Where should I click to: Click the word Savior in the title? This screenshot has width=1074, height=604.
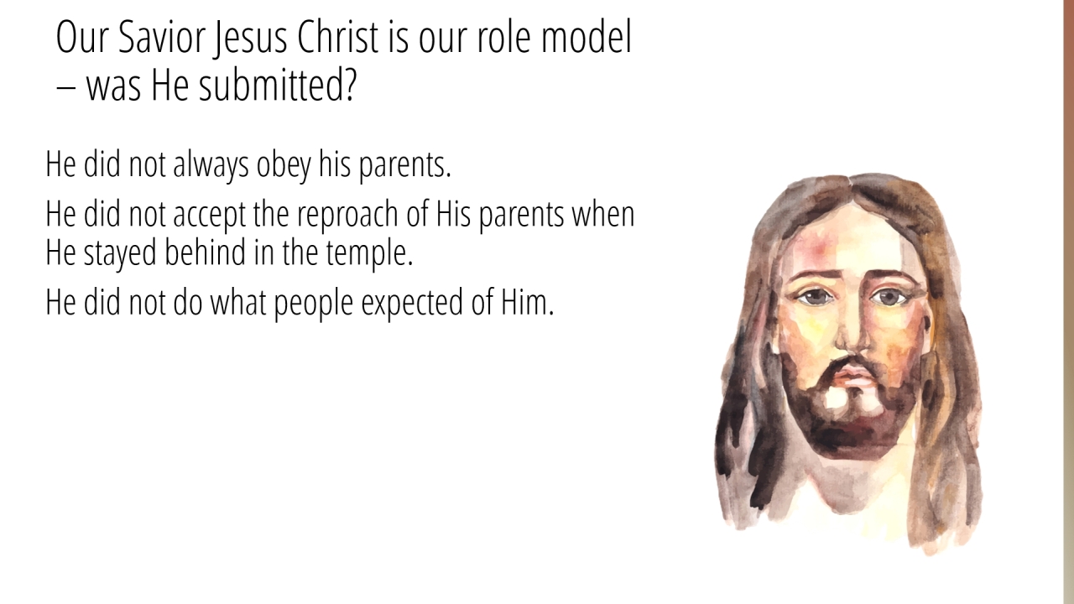tap(162, 38)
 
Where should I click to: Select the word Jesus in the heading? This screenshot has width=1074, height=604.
tap(251, 39)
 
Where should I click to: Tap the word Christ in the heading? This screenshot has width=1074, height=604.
tap(338, 38)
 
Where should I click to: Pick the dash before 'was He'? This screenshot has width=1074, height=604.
tap(65, 89)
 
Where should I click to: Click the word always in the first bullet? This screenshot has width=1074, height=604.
tap(211, 165)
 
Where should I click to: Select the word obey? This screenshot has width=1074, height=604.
tap(284, 165)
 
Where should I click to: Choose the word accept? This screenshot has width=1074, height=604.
tap(209, 216)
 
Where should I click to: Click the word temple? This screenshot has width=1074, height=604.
tap(370, 254)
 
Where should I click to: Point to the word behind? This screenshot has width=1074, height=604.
tap(206, 253)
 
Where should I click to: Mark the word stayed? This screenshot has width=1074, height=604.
tap(120, 254)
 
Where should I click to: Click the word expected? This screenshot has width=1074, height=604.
tap(412, 304)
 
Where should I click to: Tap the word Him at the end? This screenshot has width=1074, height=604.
tap(528, 302)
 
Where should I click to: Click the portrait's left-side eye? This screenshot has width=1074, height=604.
tap(816, 297)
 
